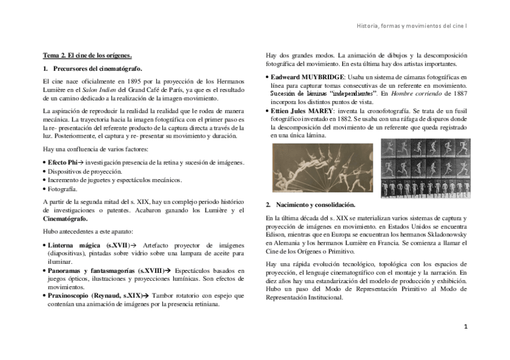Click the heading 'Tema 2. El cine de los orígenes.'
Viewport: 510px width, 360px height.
[x=87, y=55]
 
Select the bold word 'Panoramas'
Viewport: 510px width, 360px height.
[x=64, y=270]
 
